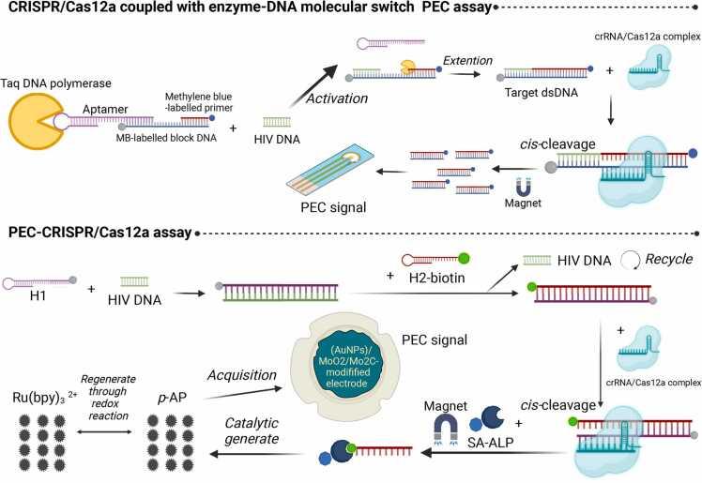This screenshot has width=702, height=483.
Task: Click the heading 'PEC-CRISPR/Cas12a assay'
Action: pos(100,231)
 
